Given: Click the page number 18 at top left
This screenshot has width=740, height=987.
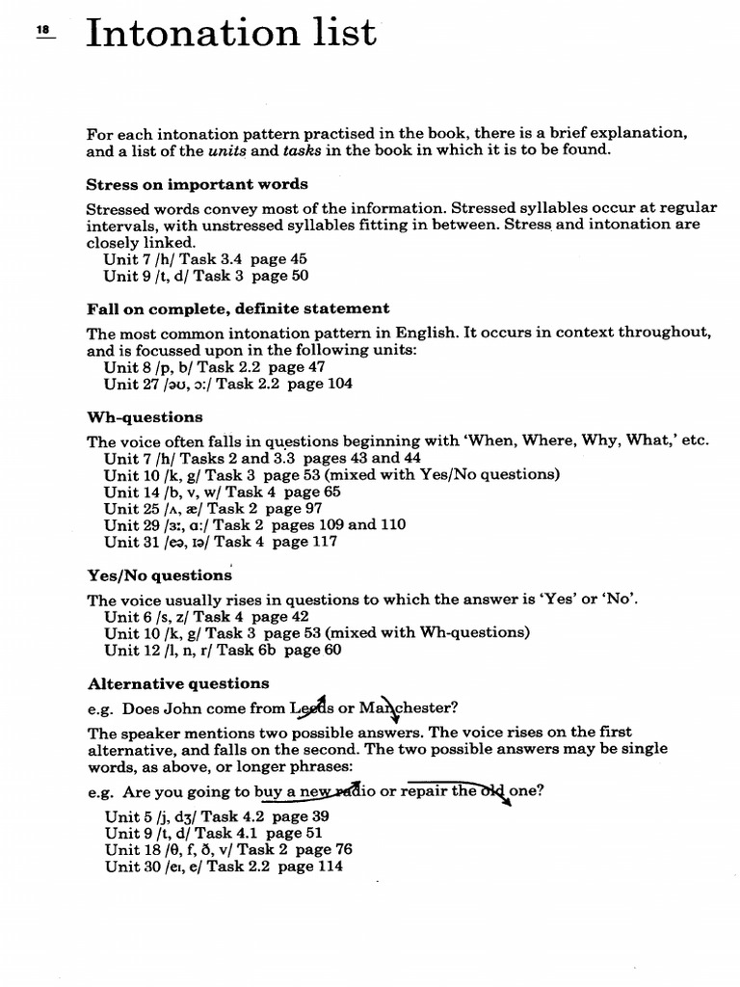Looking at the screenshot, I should [42, 31].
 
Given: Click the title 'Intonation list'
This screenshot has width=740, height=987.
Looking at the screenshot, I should [231, 33].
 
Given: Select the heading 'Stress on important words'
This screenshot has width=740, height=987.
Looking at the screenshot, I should [197, 183].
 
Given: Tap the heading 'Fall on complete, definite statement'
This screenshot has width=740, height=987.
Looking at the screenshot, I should [238, 308].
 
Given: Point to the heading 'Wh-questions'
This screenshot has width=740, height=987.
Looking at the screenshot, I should [145, 417].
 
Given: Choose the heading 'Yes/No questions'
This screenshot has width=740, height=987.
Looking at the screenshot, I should [159, 574].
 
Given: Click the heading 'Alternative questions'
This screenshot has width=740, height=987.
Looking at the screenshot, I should [178, 683].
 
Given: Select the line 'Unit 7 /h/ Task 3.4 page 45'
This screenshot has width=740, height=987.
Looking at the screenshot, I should [205, 259].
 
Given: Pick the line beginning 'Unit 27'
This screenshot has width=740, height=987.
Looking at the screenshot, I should [227, 383].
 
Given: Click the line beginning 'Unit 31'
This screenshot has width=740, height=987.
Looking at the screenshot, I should [221, 542].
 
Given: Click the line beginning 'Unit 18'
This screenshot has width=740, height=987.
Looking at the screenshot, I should [228, 849].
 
